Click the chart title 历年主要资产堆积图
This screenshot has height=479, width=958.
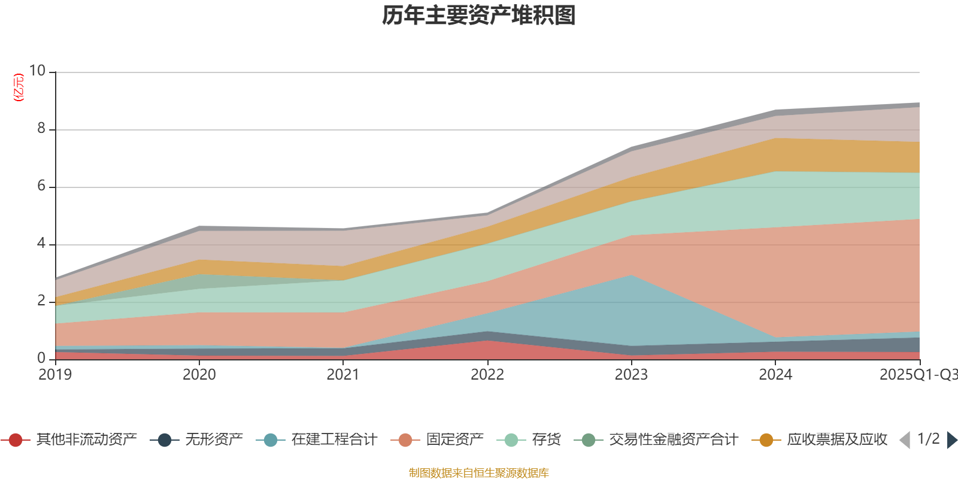[x=479, y=16]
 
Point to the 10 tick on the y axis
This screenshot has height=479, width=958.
[x=37, y=71]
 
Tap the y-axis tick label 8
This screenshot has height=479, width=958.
[x=41, y=128]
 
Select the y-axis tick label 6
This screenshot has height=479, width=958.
[x=41, y=186]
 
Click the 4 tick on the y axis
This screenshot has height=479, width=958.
[x=41, y=243]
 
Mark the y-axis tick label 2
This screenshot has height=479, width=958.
[x=41, y=301]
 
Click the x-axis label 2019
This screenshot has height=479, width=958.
[x=55, y=375]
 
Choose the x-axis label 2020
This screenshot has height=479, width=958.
[x=199, y=375]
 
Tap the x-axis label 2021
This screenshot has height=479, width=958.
[x=343, y=375]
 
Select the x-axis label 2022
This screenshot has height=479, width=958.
[x=487, y=375]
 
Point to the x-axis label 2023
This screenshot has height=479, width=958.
[x=631, y=375]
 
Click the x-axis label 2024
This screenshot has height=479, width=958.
[x=775, y=375]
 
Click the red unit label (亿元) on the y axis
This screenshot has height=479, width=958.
[x=19, y=87]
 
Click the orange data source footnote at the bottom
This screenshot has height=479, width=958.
[x=479, y=473]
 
